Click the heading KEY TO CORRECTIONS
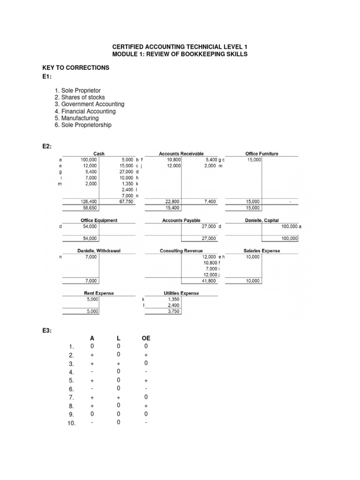[x=76, y=67]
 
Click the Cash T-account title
[x=99, y=153]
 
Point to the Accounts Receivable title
[x=181, y=153]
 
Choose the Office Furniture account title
[x=262, y=153]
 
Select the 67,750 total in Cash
[x=127, y=201]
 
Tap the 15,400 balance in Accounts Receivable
[x=173, y=207]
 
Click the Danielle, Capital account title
[x=262, y=220]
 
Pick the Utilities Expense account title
[x=181, y=293]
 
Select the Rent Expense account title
[x=99, y=293]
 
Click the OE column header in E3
[x=146, y=338]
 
